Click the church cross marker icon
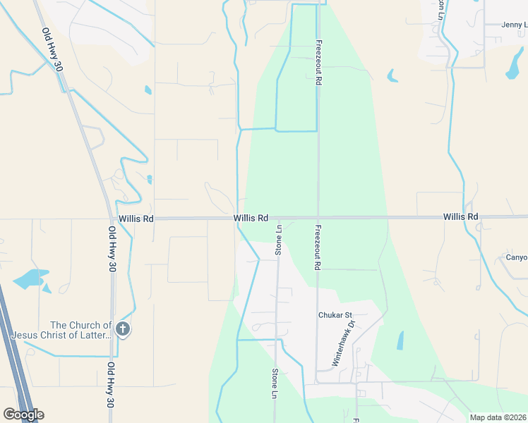(123, 329)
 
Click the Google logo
(23, 415)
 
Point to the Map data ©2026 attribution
(498, 417)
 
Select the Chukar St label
(335, 315)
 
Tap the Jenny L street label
(514, 25)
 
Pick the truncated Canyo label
(516, 257)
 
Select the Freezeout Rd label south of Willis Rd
(318, 247)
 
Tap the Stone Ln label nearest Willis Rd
(278, 239)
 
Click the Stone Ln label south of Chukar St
(275, 384)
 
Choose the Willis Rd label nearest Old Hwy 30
(136, 219)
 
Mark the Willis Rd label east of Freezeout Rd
(461, 216)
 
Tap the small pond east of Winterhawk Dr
(400, 341)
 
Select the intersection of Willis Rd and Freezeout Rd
(318, 217)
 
